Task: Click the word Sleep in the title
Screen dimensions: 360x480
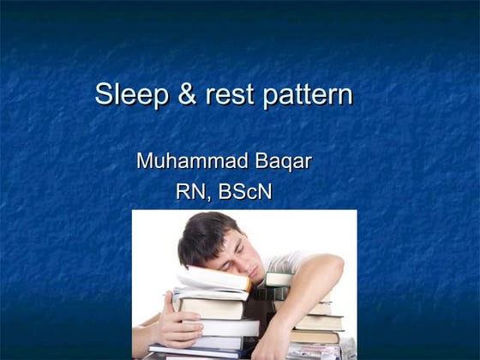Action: (x=131, y=94)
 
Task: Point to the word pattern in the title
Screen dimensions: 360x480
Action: (x=306, y=95)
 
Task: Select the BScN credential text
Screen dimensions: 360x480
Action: (x=245, y=192)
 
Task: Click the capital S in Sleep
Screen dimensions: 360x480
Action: (x=104, y=94)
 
